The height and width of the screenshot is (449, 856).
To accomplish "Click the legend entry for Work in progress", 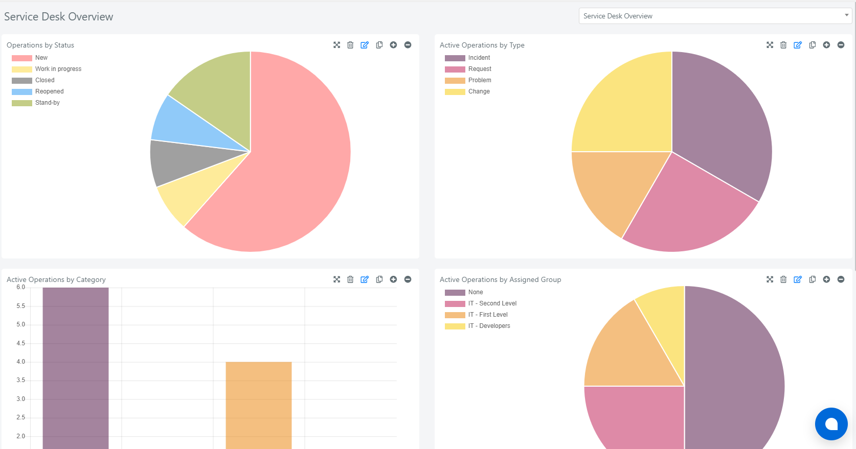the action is (x=47, y=69).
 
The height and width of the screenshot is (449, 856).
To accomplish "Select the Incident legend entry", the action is (x=467, y=58).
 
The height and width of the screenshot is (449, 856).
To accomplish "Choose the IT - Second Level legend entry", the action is (x=481, y=303).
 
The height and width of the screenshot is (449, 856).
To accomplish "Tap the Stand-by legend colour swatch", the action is (x=22, y=103).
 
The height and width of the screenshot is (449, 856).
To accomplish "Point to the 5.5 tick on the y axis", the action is (x=20, y=306).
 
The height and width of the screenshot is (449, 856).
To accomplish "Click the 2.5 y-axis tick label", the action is (x=20, y=418).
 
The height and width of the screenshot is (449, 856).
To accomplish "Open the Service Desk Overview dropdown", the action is (x=715, y=16).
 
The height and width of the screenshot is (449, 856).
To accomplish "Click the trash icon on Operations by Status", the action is (x=350, y=45).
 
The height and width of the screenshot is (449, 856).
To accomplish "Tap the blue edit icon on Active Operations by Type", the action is (x=798, y=45).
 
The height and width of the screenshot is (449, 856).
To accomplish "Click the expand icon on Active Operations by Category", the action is (x=336, y=279).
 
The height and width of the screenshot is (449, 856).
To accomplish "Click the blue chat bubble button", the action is (x=831, y=424).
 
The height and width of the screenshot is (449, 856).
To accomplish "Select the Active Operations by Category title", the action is (x=56, y=279).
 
